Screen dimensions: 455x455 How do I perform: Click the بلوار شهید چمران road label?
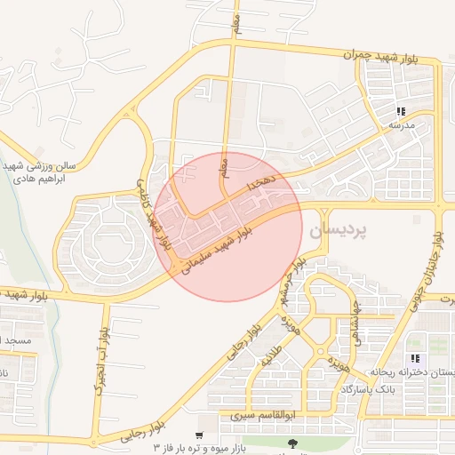(391, 57)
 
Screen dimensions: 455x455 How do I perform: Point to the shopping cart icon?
(198, 436)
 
